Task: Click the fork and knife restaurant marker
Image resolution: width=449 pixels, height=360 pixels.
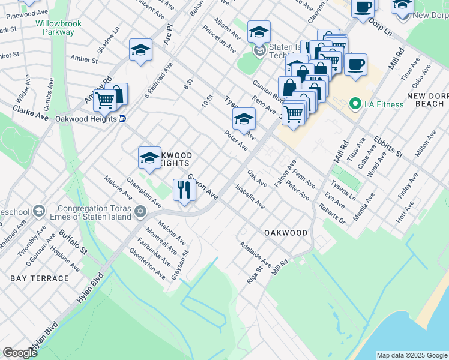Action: pos(184,190)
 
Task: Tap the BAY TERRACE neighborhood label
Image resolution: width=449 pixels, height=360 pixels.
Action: pos(40,278)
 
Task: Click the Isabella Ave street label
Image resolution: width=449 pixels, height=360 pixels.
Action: pos(250,197)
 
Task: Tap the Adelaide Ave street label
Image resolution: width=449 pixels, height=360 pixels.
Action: pos(255,255)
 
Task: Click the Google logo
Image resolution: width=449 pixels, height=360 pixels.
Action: pos(19,353)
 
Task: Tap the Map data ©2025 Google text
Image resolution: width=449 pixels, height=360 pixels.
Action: pos(411,355)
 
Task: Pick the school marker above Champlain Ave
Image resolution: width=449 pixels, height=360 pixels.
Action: pos(149,158)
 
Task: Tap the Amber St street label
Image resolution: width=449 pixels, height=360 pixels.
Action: pos(84,59)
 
